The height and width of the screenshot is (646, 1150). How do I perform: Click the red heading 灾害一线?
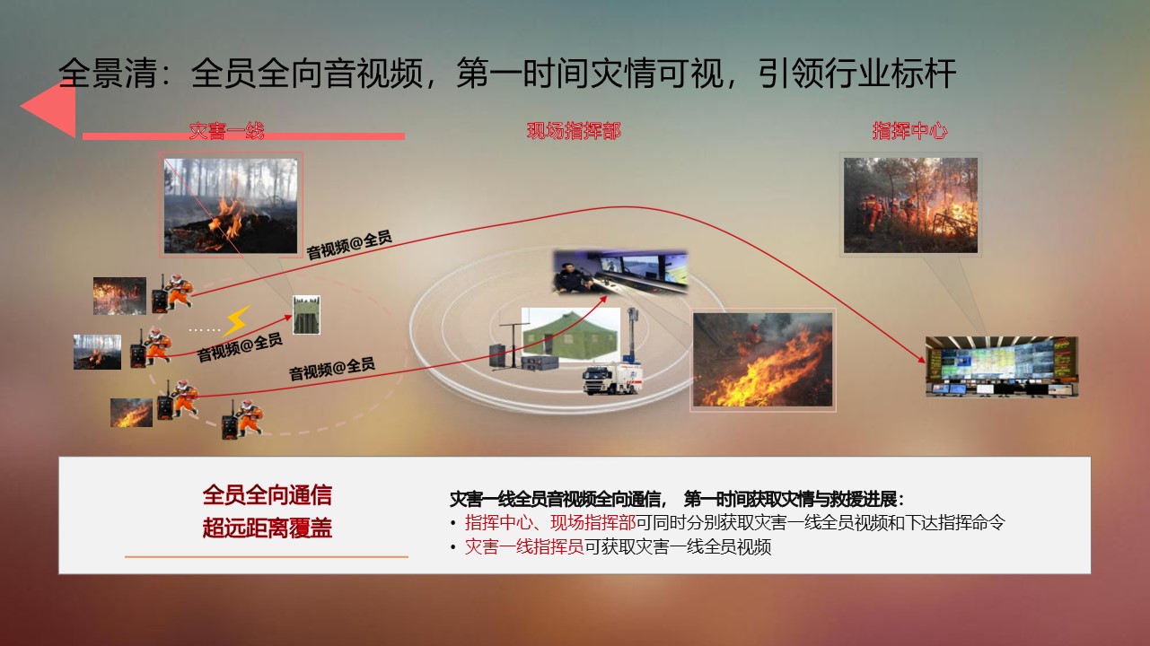226,131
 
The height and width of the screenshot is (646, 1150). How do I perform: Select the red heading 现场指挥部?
574,131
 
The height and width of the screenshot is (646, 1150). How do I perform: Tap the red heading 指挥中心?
909,131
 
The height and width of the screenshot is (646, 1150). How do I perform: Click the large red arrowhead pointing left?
48,109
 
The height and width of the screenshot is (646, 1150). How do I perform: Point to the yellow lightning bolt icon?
238,320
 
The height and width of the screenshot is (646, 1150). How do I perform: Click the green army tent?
570,334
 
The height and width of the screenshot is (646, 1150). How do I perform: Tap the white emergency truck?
612,378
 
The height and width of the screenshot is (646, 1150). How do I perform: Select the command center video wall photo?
1002,366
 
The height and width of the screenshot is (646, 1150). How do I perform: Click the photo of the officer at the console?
620,273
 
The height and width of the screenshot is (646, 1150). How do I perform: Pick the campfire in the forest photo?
231,205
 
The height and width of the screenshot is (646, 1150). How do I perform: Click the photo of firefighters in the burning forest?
910,205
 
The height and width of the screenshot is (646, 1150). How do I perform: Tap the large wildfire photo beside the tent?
762,360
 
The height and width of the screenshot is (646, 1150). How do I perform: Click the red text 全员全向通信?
267,495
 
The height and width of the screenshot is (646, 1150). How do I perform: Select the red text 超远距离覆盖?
267,528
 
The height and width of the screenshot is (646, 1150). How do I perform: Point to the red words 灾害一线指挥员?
524,547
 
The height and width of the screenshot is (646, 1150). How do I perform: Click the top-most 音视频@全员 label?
349,244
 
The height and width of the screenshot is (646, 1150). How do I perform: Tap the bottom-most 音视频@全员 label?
331,369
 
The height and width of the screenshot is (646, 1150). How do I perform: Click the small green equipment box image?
306,315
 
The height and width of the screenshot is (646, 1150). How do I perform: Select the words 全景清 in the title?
108,74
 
